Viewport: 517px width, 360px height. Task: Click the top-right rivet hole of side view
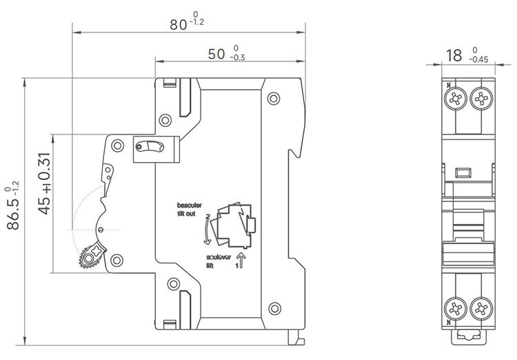pos(274,97)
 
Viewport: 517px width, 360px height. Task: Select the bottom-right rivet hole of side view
pos(274,308)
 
